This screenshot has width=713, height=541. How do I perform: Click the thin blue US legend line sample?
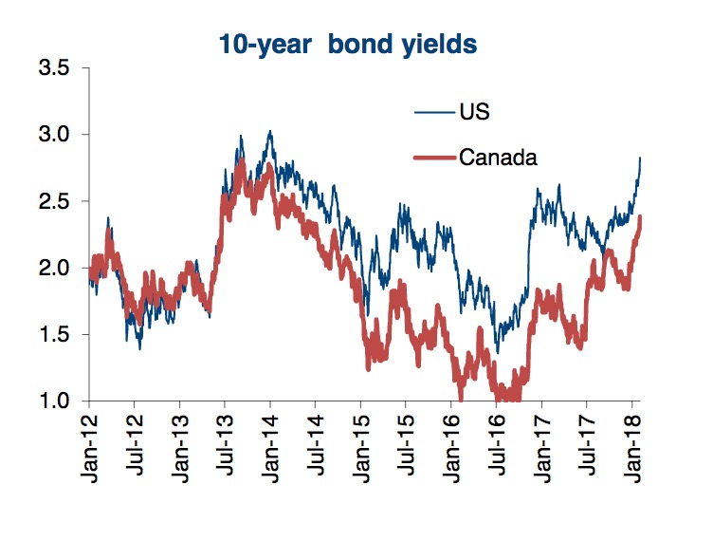(x=434, y=114)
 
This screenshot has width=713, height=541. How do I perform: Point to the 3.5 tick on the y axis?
(x=61, y=68)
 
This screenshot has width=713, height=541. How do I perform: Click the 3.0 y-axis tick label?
(x=61, y=135)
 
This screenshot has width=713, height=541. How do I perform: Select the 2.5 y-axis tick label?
(x=61, y=201)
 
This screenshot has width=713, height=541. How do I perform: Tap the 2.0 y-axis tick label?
(x=61, y=268)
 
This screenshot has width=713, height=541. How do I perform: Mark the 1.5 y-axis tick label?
(x=61, y=334)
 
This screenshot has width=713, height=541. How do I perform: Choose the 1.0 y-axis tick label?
(x=61, y=401)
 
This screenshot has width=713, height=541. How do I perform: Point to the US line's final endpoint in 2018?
(x=641, y=158)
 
